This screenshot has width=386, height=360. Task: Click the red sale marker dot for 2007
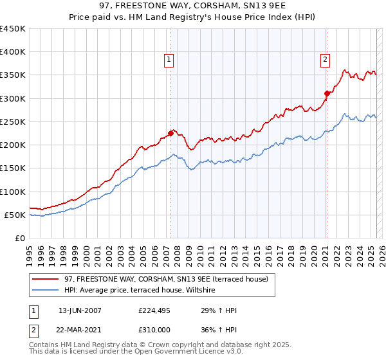pos(170,133)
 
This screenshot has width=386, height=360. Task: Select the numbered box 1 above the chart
pos(169,60)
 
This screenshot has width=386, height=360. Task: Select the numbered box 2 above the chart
pos(325,60)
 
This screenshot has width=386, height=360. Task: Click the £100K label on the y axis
pos(13,192)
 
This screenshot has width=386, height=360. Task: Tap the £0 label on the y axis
pos(21,238)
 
